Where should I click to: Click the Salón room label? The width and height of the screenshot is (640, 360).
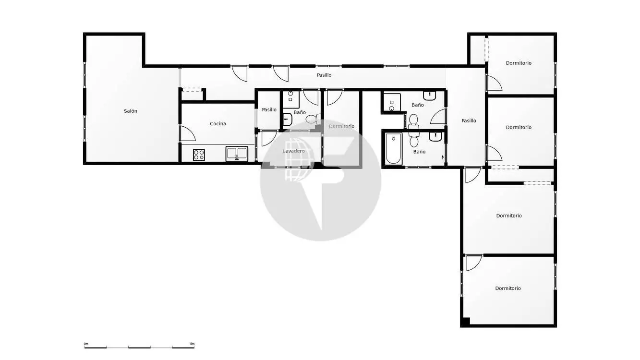[130, 111]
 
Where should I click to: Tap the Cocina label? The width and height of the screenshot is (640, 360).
[218, 124]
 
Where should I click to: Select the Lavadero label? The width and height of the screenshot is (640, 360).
[293, 151]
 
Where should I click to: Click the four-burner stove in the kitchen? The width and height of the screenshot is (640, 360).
[199, 155]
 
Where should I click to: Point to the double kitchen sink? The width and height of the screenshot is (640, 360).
[237, 154]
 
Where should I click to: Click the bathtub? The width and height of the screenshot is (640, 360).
[393, 148]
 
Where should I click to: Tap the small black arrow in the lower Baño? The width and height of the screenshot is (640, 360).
[443, 157]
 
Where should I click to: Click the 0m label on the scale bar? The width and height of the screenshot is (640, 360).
[86, 344]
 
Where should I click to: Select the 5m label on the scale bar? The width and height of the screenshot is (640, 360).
[192, 344]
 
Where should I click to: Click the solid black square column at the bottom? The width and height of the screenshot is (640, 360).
[465, 322]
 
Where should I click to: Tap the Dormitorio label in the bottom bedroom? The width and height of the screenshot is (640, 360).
[508, 288]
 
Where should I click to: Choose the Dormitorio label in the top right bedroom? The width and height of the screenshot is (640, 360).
[519, 63]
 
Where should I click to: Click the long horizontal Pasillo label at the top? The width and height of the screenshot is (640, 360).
[324, 75]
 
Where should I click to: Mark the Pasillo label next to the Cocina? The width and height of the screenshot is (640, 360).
[269, 109]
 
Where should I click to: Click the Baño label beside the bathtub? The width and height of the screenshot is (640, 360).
[419, 152]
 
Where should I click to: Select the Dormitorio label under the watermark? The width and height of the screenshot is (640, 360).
[341, 126]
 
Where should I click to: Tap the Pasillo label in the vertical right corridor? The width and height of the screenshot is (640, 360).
[469, 120]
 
